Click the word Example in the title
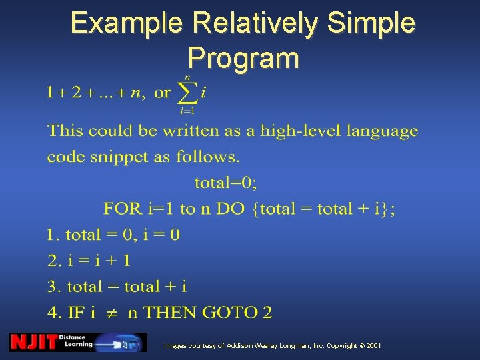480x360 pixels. pyautogui.click(x=126, y=23)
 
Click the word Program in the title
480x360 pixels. pyautogui.click(x=243, y=58)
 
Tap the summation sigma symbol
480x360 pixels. pyautogui.click(x=187, y=93)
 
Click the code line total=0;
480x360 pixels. pyautogui.click(x=225, y=181)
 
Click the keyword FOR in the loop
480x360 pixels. pyautogui.click(x=123, y=209)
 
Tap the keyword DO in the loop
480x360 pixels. pyautogui.click(x=231, y=209)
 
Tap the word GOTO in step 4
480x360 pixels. pyautogui.click(x=230, y=313)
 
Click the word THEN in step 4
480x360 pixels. pyautogui.click(x=170, y=313)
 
